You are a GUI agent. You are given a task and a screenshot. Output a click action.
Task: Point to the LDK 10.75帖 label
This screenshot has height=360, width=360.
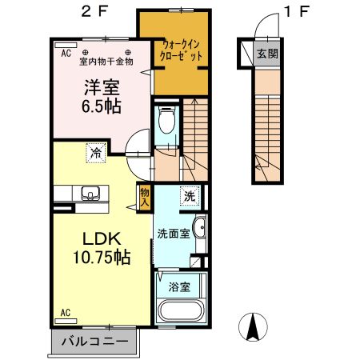[98, 248]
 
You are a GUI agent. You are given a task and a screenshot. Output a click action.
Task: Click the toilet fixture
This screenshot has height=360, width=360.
[166, 121]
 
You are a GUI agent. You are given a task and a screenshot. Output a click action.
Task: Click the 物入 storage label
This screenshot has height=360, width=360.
[144, 194]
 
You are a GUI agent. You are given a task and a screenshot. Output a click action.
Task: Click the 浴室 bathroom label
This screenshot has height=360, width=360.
[178, 286]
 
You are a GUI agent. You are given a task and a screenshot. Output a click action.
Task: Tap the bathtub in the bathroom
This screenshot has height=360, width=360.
[182, 311]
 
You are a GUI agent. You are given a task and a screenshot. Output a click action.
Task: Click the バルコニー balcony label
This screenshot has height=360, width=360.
[97, 342]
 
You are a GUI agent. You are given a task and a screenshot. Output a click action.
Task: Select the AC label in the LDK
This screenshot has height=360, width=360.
[67, 311]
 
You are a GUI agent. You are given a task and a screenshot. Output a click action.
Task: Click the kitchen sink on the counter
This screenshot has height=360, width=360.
[89, 194]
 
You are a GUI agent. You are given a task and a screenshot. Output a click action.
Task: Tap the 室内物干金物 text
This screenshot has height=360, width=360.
[106, 62]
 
